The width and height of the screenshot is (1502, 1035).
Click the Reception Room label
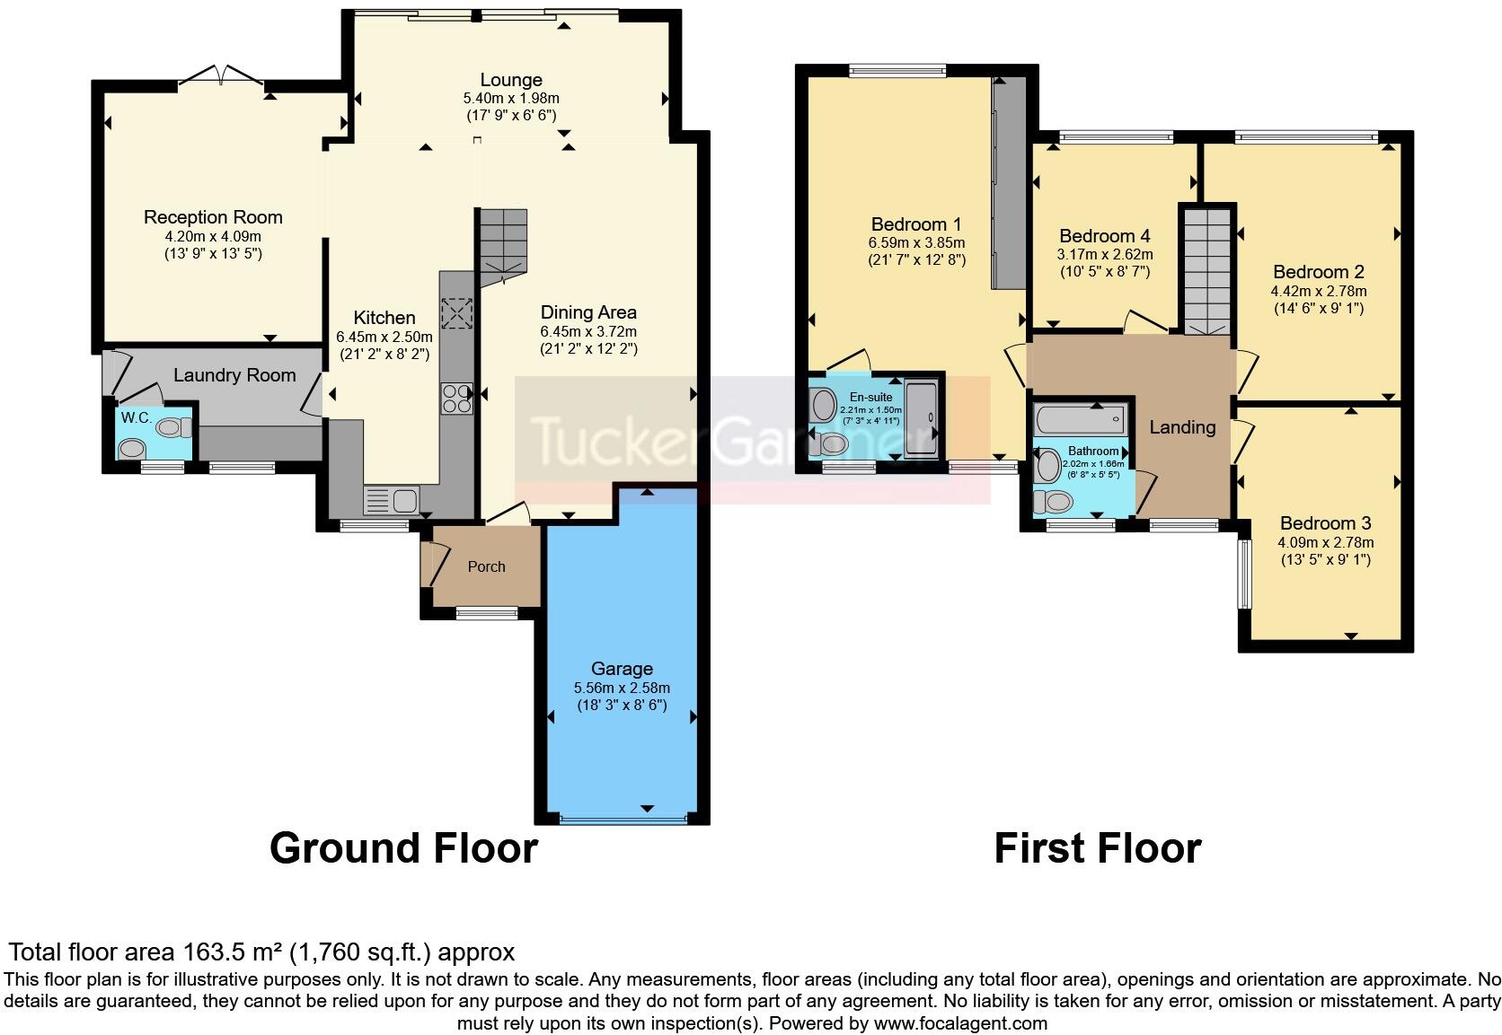[213, 217]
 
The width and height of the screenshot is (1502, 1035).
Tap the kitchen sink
[391, 498]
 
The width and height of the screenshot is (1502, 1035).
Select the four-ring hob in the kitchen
[456, 398]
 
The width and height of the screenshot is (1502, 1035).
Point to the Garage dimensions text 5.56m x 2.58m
[622, 688]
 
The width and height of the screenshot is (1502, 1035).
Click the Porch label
[486, 566]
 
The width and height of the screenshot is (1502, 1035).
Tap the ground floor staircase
[501, 242]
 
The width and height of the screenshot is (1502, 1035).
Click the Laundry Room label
[234, 375]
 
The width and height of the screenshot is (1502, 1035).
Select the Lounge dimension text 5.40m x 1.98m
[511, 98]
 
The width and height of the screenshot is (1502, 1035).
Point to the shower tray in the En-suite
[920, 418]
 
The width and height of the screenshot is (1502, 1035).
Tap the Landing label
[1182, 427]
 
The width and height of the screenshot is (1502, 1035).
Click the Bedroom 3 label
[1325, 523]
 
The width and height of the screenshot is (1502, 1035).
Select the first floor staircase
[1206, 269]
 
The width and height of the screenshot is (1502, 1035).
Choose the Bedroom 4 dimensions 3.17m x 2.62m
[1105, 254]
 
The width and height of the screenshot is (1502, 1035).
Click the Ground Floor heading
[403, 848]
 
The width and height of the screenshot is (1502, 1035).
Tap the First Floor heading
[1097, 848]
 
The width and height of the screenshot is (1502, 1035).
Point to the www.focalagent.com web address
[959, 1023]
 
